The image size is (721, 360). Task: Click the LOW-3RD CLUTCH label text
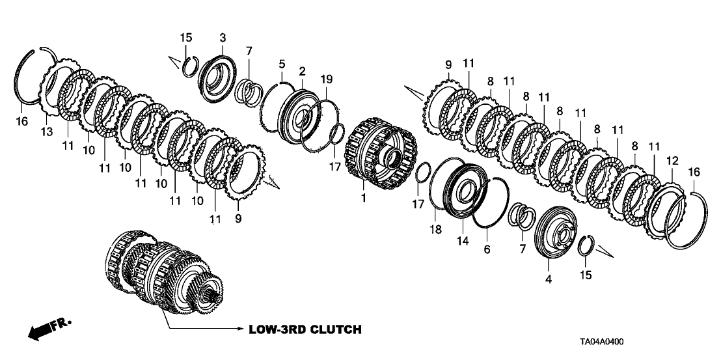click(x=305, y=329)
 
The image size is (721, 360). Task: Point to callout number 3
click(x=223, y=37)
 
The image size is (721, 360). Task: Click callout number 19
click(x=326, y=79)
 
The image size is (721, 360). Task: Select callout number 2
click(x=302, y=70)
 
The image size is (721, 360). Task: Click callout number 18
click(x=435, y=228)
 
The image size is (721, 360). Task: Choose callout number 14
click(x=463, y=240)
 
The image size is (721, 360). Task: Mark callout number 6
click(x=487, y=249)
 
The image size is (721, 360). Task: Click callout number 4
click(x=548, y=280)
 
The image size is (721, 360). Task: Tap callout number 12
click(x=672, y=159)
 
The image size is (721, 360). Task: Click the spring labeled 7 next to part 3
click(x=249, y=89)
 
